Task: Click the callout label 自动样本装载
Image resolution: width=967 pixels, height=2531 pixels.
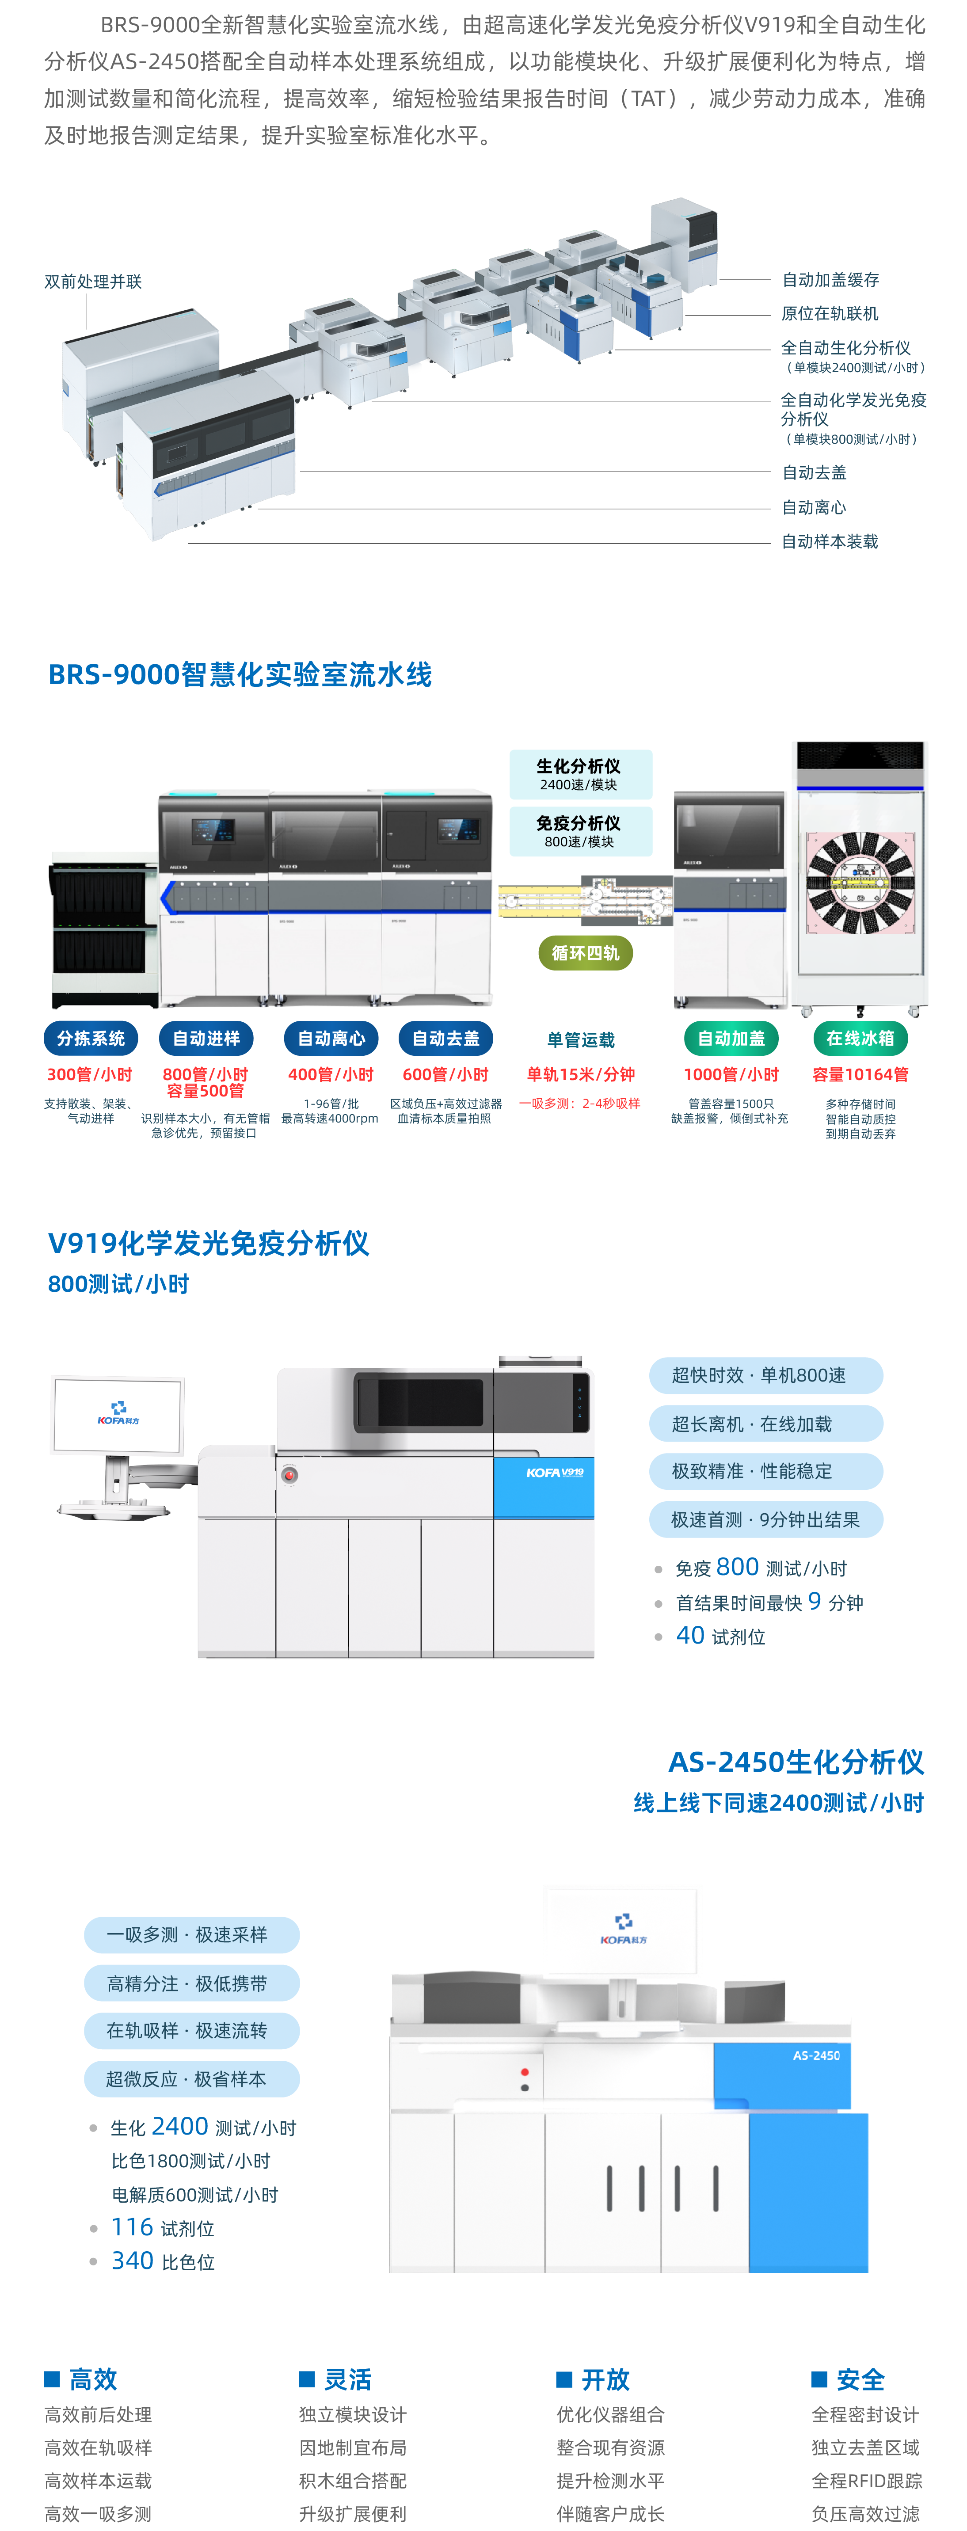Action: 830,541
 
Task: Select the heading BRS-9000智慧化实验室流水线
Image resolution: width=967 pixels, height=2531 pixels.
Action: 240,675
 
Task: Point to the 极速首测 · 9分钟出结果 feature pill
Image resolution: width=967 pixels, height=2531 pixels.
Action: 765,1519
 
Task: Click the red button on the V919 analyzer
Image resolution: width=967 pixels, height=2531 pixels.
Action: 289,1474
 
